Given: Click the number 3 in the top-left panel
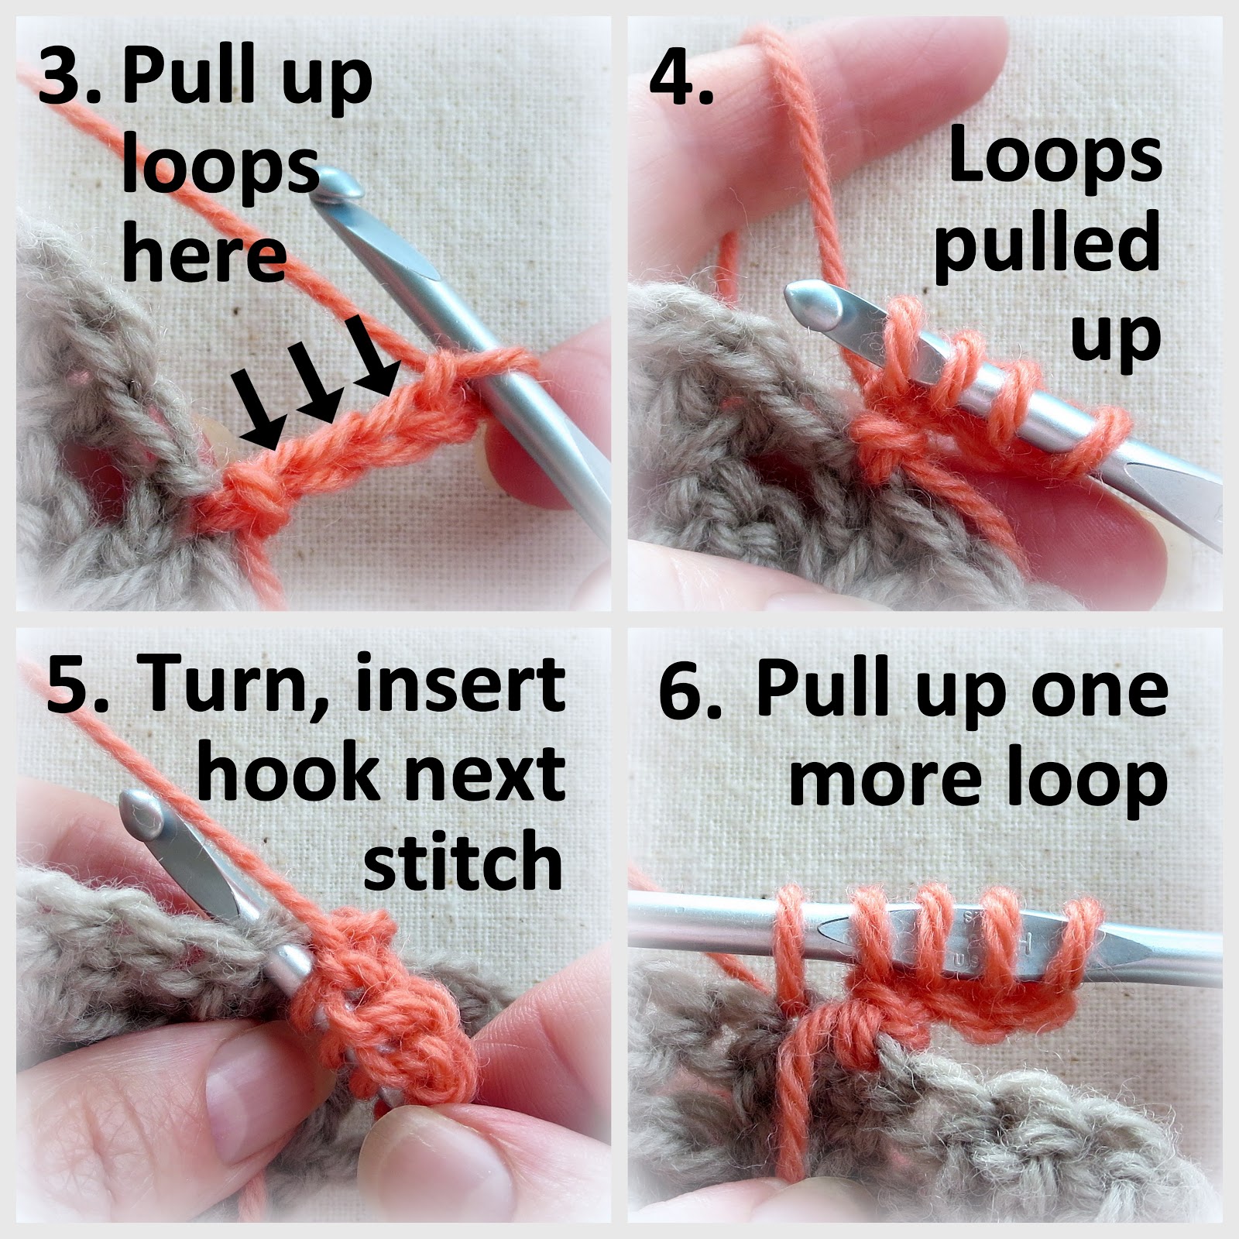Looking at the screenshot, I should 63,79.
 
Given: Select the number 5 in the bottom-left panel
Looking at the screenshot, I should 70,685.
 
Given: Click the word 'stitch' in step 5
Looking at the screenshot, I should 463,860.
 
